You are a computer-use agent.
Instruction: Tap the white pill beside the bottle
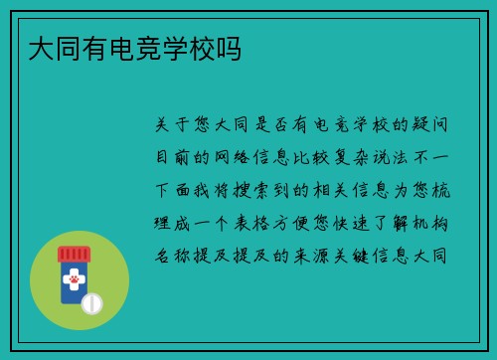pyautogui.click(x=91, y=301)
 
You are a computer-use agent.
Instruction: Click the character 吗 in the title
pyautogui.click(x=228, y=48)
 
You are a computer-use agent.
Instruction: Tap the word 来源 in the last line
pyautogui.click(x=318, y=255)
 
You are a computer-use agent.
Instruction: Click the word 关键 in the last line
pyautogui.click(x=360, y=255)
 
